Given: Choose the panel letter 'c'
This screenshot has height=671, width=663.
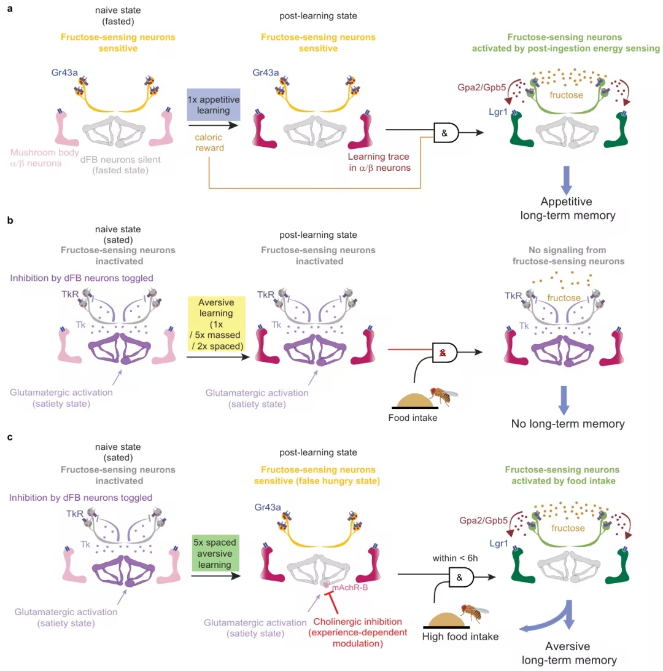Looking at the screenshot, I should [x=10, y=438].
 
